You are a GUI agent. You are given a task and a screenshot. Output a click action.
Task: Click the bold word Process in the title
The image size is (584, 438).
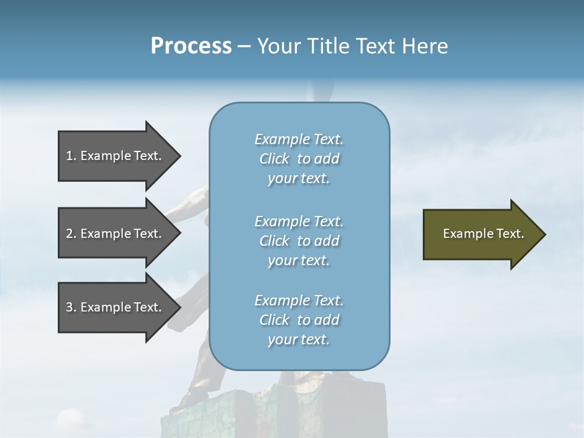(x=191, y=46)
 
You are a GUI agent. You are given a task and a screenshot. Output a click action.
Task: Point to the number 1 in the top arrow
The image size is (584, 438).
(x=69, y=156)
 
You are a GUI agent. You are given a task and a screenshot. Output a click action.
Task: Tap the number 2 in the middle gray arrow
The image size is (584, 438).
(x=69, y=234)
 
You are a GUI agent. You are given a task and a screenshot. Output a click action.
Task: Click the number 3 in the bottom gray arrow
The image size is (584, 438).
(x=69, y=307)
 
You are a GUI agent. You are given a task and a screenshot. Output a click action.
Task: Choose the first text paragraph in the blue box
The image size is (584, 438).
(x=299, y=159)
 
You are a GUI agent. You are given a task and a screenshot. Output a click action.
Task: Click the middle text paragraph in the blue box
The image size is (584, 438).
(x=299, y=241)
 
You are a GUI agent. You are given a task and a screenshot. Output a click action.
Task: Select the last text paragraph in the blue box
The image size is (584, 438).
(x=299, y=320)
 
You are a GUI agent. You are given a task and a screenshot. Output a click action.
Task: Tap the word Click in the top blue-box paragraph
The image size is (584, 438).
(x=274, y=159)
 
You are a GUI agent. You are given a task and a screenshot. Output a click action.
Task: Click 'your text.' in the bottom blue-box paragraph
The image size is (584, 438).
(x=299, y=339)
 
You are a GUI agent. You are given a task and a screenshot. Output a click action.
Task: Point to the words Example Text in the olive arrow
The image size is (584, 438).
(x=484, y=234)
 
